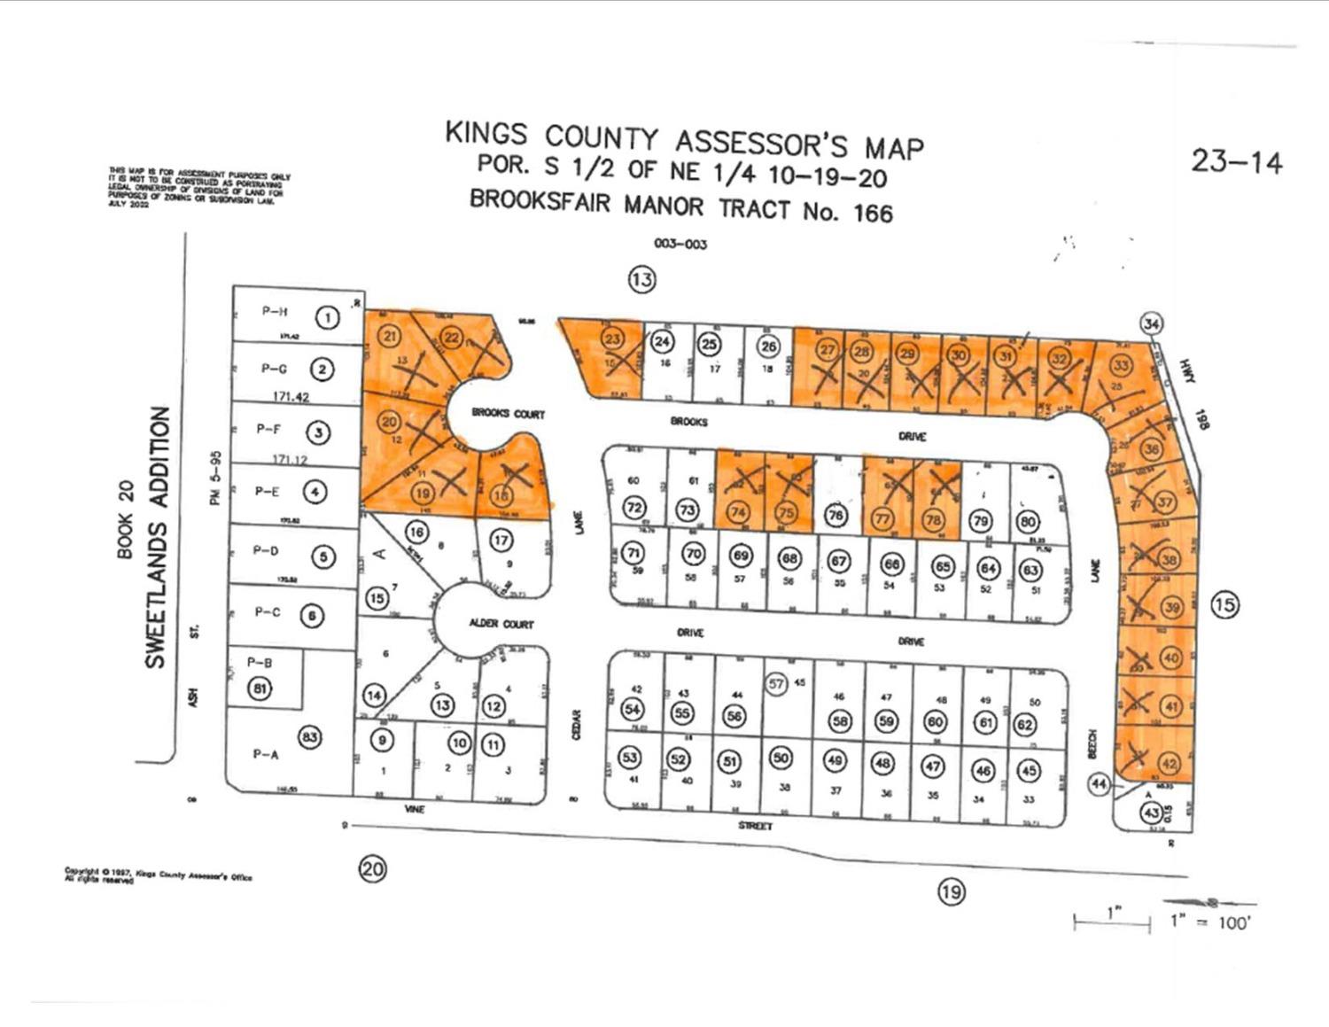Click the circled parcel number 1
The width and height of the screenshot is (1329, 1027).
(x=329, y=317)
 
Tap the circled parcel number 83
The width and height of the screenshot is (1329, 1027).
(x=309, y=736)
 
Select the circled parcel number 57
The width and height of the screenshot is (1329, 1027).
(x=777, y=683)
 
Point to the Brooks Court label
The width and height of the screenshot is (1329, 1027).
(x=508, y=414)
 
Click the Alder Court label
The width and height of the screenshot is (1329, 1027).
(x=501, y=624)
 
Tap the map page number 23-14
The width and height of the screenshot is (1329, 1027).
(x=1236, y=162)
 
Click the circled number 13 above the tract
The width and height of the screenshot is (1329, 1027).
(x=641, y=280)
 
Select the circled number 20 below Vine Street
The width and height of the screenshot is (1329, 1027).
(x=372, y=868)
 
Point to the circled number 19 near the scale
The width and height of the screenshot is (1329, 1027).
(x=951, y=891)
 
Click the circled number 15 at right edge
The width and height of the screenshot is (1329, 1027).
(x=1224, y=605)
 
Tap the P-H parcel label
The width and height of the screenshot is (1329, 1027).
(x=275, y=311)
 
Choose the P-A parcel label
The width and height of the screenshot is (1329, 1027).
(x=266, y=754)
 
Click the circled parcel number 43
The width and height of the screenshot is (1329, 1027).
(x=1151, y=813)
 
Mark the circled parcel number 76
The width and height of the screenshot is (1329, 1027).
(x=835, y=515)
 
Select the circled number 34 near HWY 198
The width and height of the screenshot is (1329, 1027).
(x=1151, y=323)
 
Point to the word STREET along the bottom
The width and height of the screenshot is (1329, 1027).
(x=755, y=826)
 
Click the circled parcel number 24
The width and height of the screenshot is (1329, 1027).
(x=663, y=341)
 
